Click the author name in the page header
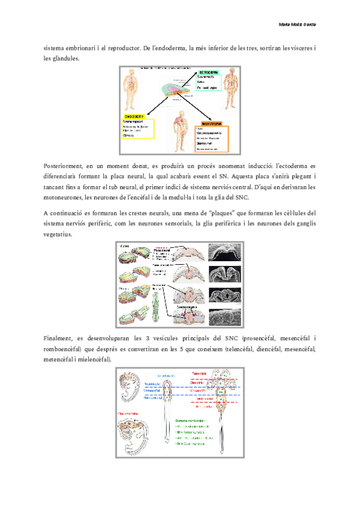[x=299, y=24]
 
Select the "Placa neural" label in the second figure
[x=162, y=251]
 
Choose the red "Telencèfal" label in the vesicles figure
[x=200, y=373]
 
